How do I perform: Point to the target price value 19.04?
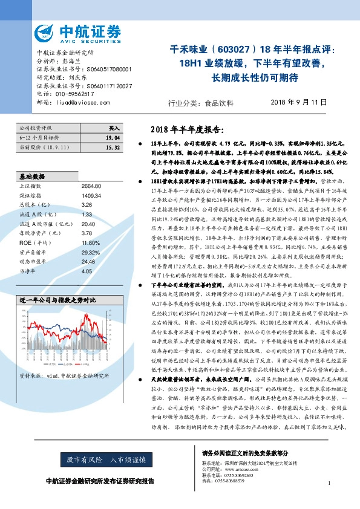click(x=113, y=138)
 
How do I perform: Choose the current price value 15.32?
click(x=113, y=147)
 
